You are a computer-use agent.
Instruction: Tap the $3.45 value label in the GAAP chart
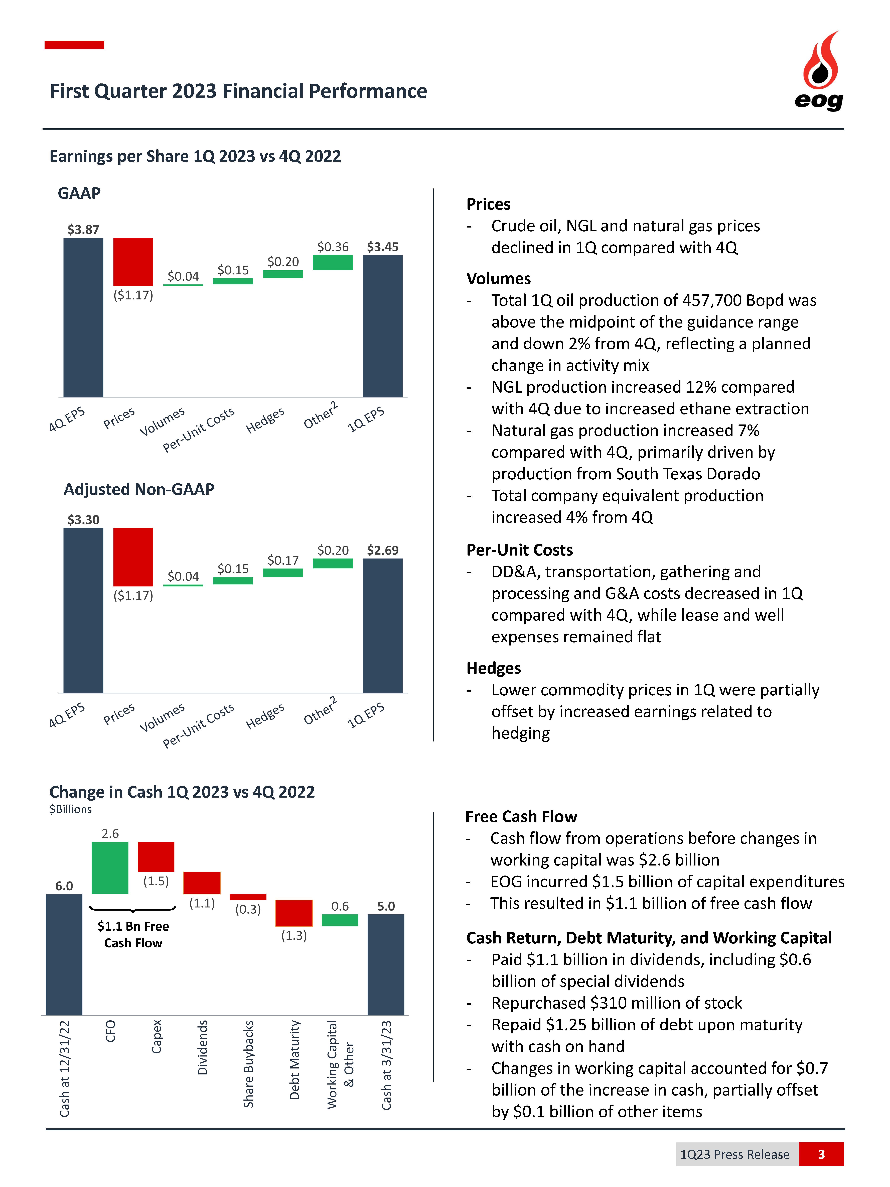[382, 247]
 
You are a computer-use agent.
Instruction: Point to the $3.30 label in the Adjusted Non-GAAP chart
[83, 519]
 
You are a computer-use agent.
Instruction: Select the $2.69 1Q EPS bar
[382, 625]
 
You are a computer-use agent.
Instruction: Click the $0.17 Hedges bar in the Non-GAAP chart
[283, 573]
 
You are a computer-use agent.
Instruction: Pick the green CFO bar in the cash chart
[110, 867]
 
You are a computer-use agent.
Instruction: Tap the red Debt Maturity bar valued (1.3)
[294, 913]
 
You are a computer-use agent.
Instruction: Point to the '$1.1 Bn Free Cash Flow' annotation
[133, 934]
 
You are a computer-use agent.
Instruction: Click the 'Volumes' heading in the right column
[498, 278]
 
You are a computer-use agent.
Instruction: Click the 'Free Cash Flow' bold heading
[521, 816]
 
